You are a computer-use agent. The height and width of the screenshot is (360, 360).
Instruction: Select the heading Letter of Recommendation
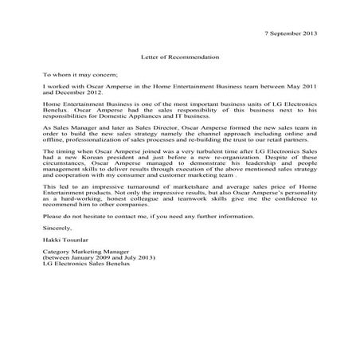click(180, 57)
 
